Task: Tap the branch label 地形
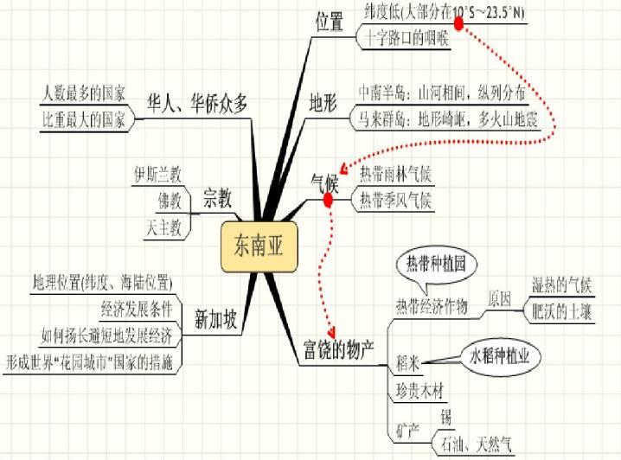[324, 101]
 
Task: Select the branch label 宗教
[217, 199]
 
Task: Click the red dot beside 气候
[329, 201]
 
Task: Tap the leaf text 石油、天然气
[477, 444]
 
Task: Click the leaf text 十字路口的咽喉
[405, 37]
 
